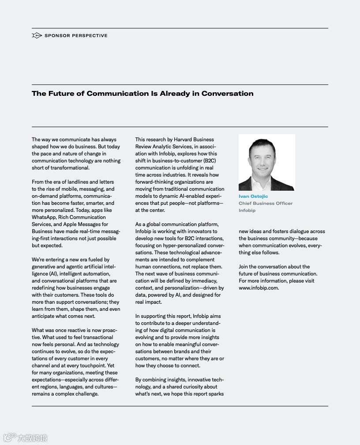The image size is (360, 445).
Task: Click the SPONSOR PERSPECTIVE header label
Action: coord(76,36)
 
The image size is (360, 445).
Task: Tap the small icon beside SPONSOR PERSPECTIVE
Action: coord(37,35)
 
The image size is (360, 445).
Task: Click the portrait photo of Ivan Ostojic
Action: coord(266,162)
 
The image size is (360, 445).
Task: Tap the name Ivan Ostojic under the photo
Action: coord(253,196)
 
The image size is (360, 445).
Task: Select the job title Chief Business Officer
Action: coord(266,204)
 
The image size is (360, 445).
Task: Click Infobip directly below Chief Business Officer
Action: coord(247,211)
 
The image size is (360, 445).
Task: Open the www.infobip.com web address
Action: coord(259,288)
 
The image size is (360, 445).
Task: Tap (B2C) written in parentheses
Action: coord(210,161)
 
